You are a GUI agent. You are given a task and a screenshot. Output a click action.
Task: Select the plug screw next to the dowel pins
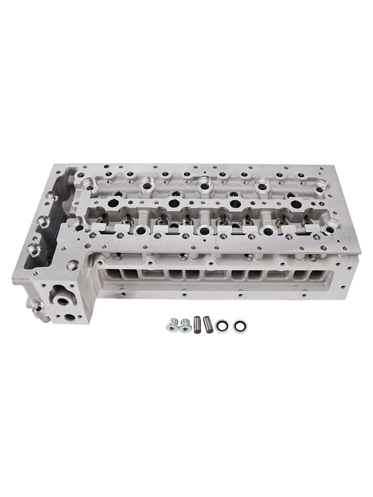[x=186, y=325]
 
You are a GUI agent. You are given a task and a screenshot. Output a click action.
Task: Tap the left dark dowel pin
[x=197, y=324]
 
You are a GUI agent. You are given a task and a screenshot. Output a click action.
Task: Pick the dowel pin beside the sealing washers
[x=208, y=324]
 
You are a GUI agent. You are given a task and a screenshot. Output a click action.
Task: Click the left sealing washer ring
[x=222, y=326]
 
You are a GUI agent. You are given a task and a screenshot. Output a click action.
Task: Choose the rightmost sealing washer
[x=239, y=326]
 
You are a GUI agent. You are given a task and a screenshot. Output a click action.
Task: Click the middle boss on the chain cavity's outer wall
[x=43, y=222]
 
